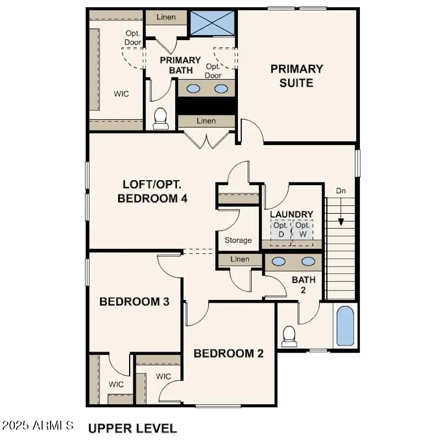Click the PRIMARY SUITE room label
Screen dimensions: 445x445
point(297,76)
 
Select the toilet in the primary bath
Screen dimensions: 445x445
point(160,119)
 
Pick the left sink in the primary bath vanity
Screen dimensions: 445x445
point(194,88)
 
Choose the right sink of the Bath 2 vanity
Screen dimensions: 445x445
point(308,262)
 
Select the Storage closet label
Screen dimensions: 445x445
point(238,240)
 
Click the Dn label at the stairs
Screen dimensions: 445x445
point(341,191)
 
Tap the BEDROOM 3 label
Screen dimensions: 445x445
point(134,302)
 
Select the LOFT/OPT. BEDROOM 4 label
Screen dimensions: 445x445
point(153,192)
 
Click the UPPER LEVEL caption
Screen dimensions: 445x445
point(132,428)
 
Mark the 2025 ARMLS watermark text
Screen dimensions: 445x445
point(38,425)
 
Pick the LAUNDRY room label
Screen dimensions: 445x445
point(292,214)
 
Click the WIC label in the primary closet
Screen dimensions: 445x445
point(121,94)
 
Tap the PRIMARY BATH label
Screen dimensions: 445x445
point(180,65)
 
